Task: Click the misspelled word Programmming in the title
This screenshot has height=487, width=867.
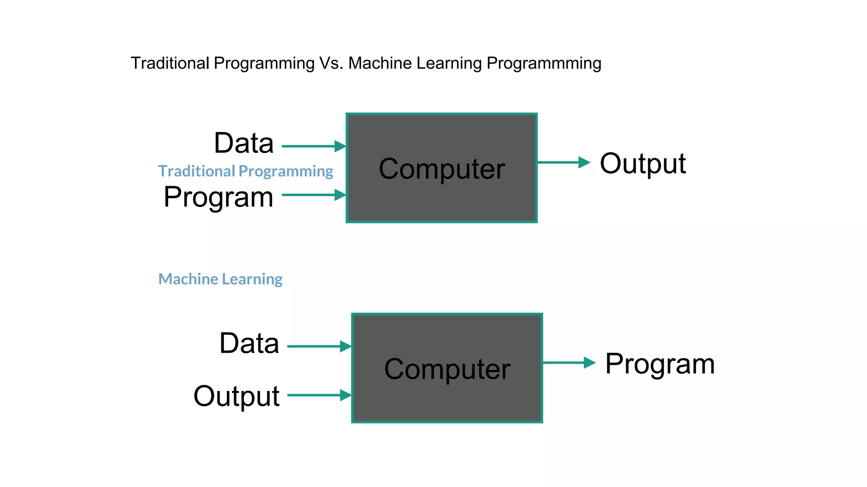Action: click(544, 63)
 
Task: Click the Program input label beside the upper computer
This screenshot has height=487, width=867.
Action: click(218, 197)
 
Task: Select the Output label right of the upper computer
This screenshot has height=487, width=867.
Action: click(643, 164)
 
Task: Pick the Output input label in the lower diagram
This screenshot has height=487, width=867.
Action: click(236, 396)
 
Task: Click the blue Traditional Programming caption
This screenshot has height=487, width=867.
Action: click(246, 171)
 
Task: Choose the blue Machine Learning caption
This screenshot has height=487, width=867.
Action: click(220, 279)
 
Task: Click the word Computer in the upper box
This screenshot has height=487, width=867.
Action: click(442, 169)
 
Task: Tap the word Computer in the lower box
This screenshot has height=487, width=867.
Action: click(447, 369)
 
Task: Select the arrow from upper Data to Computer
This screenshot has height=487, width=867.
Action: click(314, 146)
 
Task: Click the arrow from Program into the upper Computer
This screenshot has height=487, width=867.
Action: click(314, 195)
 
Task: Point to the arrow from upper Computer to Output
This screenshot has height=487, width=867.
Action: click(563, 162)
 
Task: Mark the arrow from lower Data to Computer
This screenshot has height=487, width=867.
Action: click(319, 346)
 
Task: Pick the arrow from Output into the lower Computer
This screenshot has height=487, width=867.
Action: click(319, 395)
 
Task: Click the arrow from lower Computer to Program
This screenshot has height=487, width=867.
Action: click(569, 363)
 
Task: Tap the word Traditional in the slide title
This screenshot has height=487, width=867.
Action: click(170, 63)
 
